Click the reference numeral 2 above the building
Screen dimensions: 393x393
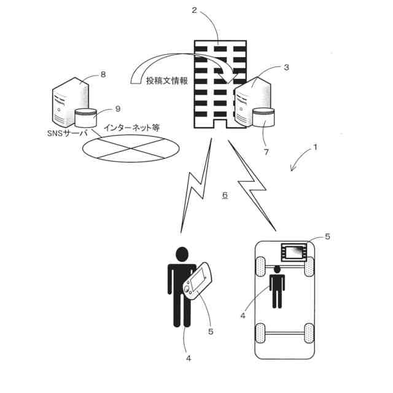(195, 10)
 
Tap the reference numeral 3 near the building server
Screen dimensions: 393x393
(286, 68)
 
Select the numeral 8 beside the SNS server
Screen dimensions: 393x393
(103, 74)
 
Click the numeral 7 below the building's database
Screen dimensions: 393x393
(267, 151)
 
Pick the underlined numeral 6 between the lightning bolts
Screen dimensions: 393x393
(225, 195)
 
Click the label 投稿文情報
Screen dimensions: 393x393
(167, 81)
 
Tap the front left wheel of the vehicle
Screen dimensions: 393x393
(260, 267)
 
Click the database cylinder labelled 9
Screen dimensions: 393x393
(86, 119)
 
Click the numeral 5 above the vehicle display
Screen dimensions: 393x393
(327, 236)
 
